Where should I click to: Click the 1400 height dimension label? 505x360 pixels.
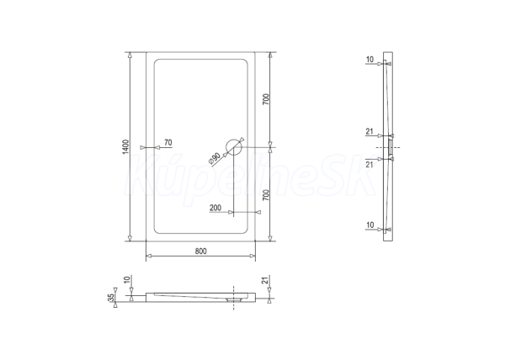[x=126, y=146]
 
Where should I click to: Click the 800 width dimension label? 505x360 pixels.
[x=200, y=251]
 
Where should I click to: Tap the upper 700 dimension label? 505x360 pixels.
[x=266, y=99]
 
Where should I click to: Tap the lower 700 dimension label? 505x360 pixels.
[x=266, y=195]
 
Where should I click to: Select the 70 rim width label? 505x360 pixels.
[x=168, y=142]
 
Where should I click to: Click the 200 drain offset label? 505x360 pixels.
[x=215, y=208]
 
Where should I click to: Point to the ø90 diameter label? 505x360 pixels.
[x=214, y=159]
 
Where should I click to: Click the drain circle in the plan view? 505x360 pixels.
[x=233, y=147]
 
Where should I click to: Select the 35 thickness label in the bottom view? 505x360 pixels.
[x=111, y=298]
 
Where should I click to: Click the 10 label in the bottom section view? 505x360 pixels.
[x=127, y=279]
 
